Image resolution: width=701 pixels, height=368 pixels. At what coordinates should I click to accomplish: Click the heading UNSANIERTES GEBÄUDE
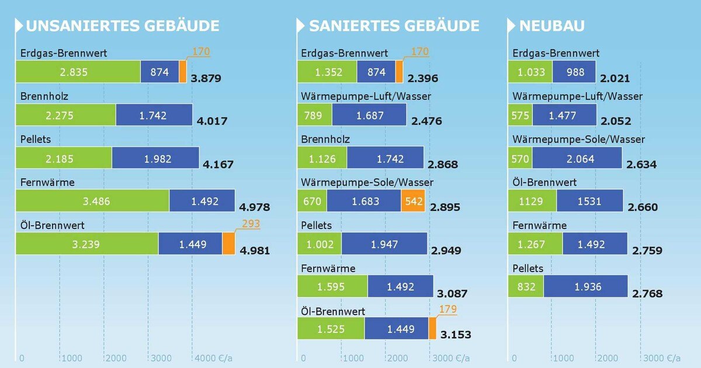coord(123,26)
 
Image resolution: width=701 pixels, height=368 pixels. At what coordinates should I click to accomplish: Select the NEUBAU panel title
coord(551,26)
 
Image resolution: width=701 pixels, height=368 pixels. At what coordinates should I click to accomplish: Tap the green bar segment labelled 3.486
coord(92,201)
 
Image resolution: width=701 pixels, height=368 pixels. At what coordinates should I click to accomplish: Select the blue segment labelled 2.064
coord(577,158)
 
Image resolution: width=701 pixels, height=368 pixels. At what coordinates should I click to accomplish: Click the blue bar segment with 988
coord(574,72)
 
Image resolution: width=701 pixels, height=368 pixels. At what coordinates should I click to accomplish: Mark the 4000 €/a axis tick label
coord(212,357)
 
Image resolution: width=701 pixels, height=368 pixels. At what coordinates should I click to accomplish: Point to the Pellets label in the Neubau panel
coord(528,268)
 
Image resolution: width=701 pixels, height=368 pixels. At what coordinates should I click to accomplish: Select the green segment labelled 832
coord(526,286)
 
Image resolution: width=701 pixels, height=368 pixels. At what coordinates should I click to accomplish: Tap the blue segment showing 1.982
coord(155,158)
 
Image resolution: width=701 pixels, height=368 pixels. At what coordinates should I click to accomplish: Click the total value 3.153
coord(456,335)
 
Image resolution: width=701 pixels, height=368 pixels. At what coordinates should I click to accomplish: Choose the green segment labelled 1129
coord(532,201)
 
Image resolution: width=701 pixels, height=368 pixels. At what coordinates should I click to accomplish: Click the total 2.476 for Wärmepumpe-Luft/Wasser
coord(426,121)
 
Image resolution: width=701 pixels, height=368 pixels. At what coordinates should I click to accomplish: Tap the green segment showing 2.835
coord(78,72)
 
